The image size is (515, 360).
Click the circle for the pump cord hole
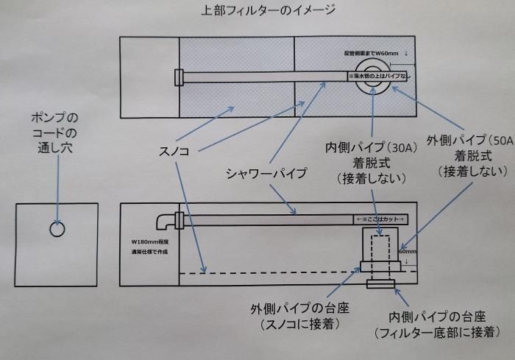point(57,229)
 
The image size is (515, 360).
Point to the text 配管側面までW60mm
point(373,54)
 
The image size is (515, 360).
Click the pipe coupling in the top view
point(179,77)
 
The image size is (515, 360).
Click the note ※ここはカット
point(381,219)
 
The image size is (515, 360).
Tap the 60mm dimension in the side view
point(407,250)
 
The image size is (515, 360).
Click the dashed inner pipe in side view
point(380,258)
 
